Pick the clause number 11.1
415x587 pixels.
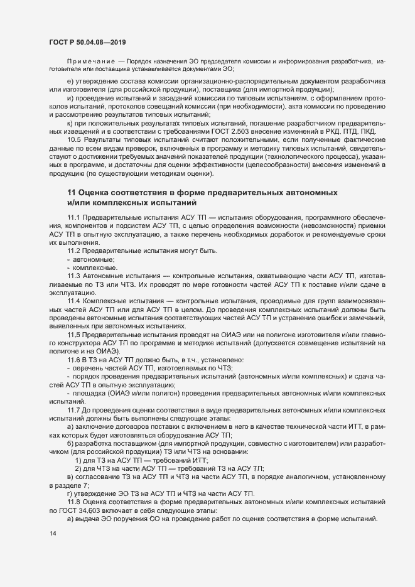73,216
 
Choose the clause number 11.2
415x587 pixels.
73,251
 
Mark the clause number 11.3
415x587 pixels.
73,276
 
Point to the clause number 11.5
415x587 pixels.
73,337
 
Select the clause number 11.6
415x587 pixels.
73,359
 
